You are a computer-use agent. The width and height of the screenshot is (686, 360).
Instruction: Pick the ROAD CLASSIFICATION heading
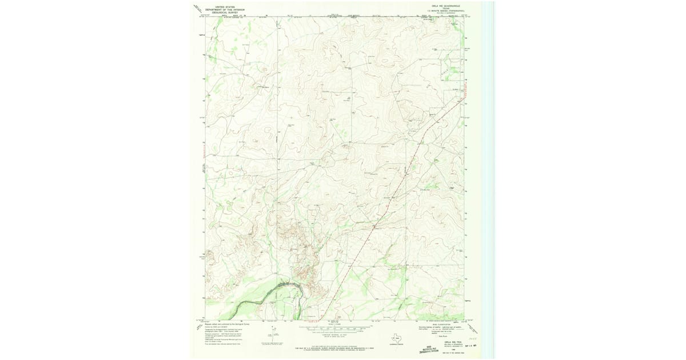[x=442, y=324]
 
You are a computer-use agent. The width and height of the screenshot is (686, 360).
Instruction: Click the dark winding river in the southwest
[x=269, y=295]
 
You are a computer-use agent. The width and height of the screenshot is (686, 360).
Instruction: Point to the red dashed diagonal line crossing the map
[x=400, y=183]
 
